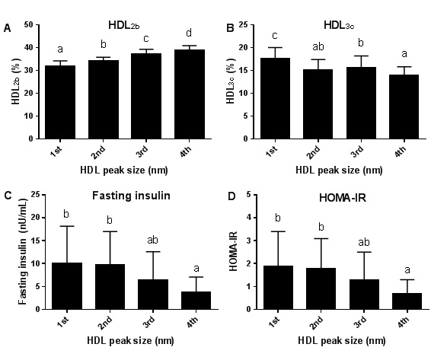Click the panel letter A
pos(8,29)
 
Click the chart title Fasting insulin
pos(114,196)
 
